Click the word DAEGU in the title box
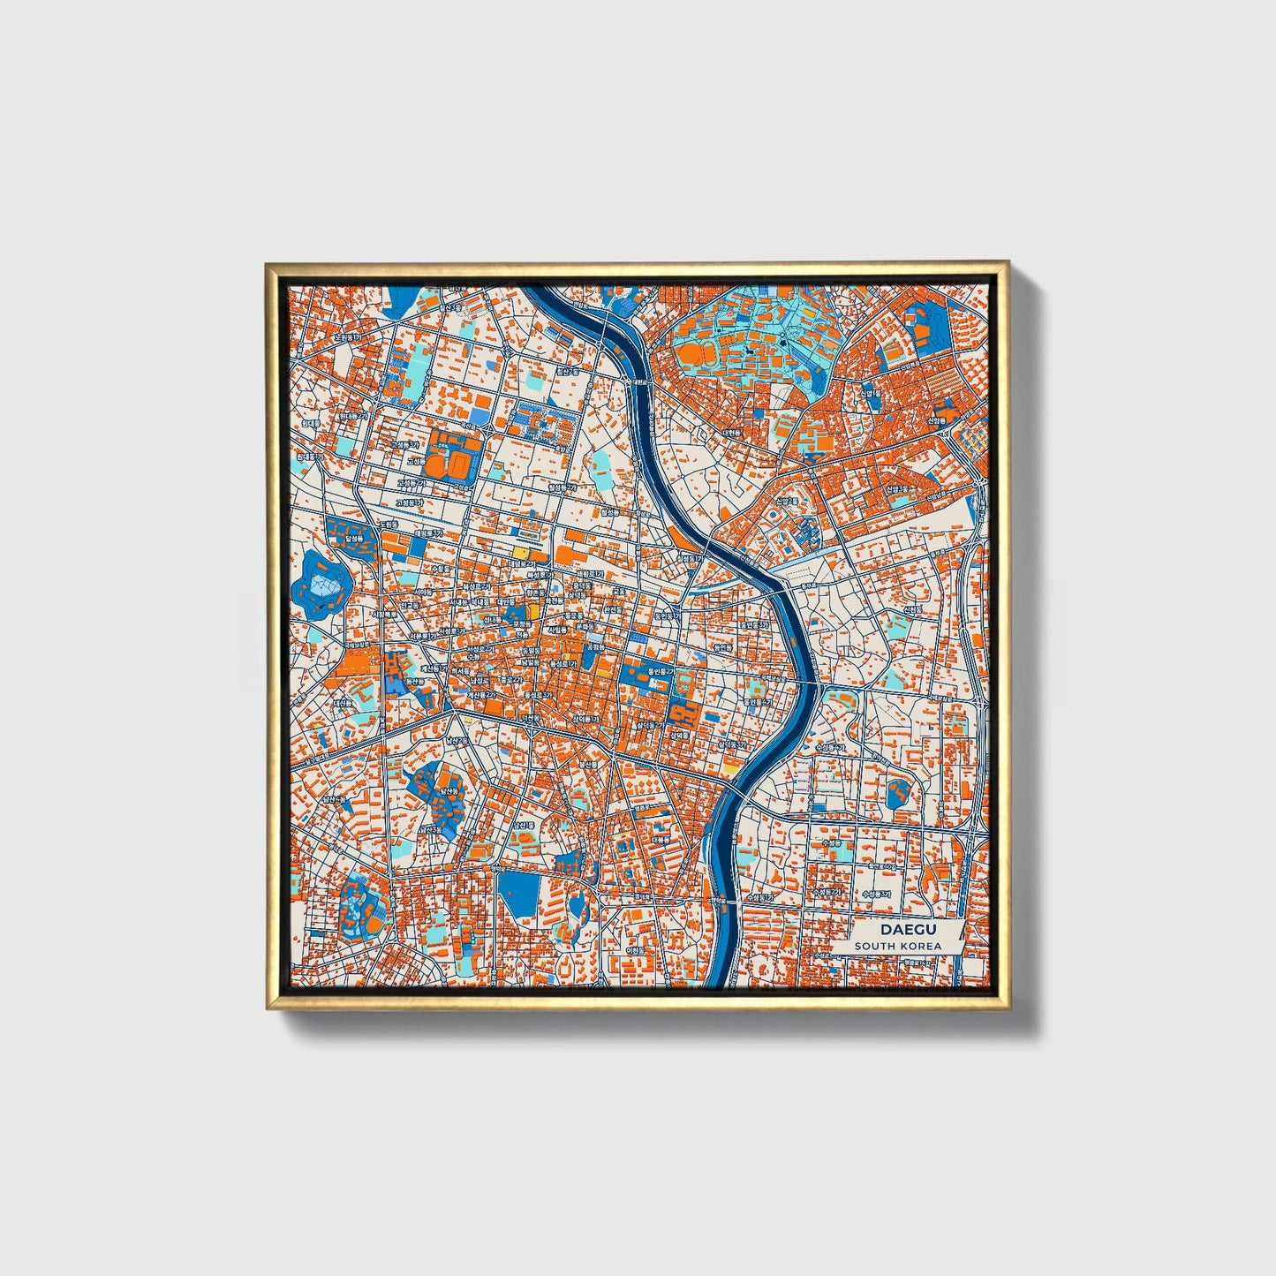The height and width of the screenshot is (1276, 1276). (896, 930)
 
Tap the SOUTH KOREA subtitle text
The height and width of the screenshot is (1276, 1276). (896, 946)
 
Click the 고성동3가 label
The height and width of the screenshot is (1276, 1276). (409, 502)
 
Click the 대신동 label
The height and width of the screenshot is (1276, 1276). (342, 704)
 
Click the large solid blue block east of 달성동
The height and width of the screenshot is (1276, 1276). (350, 533)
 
